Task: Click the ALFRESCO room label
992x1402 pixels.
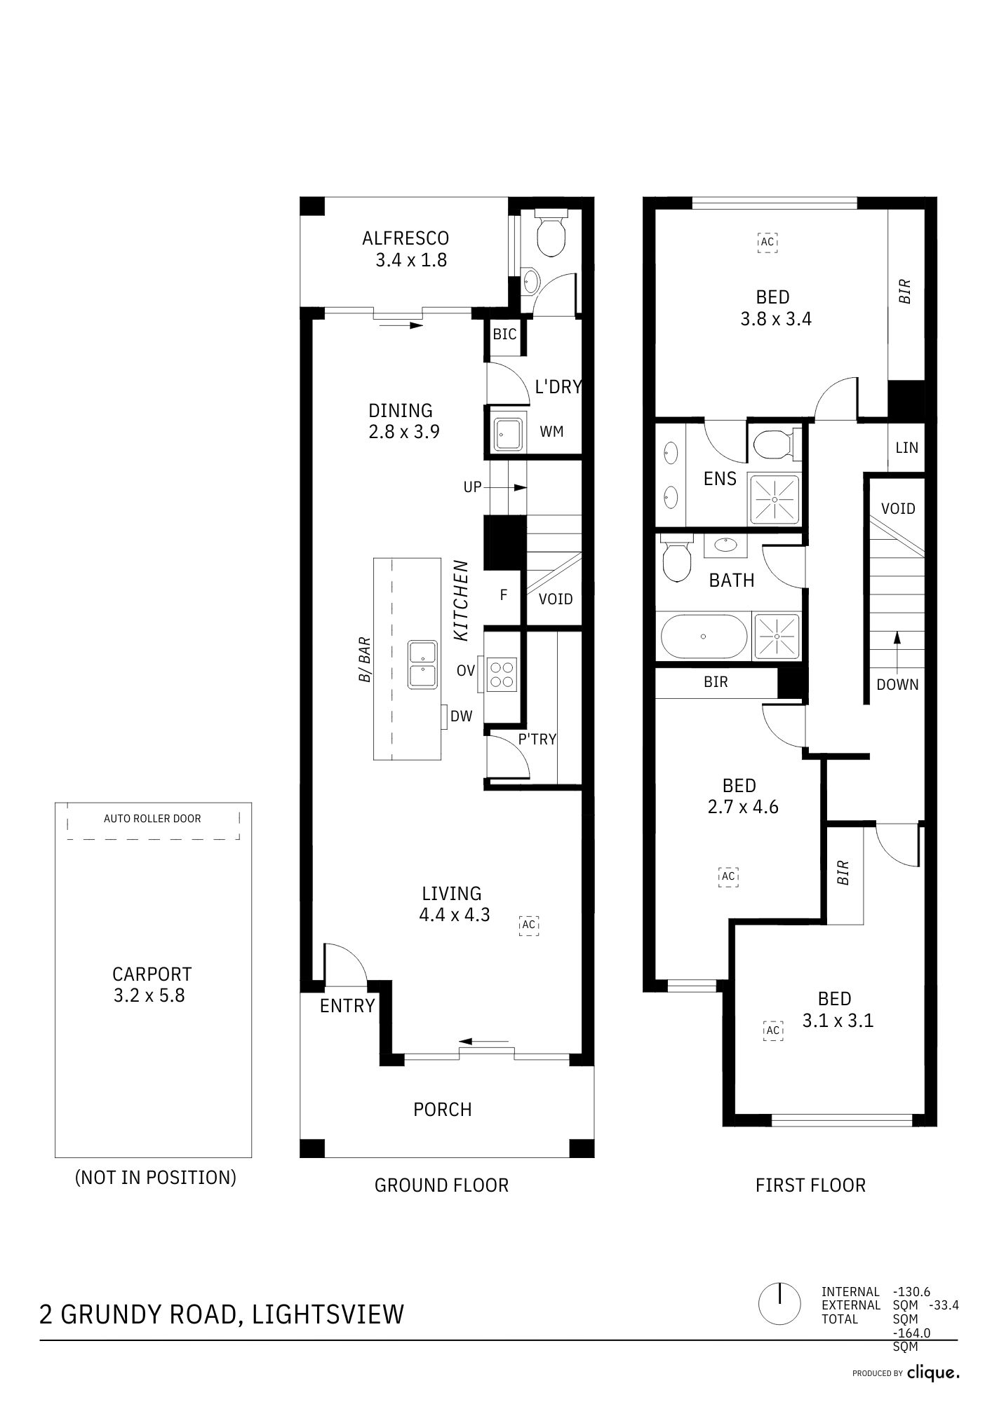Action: coord(405,238)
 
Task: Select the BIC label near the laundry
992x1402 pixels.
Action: coord(504,334)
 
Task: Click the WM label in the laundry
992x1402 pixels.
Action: coord(552,432)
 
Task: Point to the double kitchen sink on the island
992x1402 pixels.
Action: coord(423,664)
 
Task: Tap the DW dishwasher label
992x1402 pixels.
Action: coord(462,716)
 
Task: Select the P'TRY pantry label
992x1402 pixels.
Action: coord(537,739)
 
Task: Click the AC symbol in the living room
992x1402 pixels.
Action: coord(529,925)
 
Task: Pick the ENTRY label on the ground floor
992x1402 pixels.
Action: coord(347,1006)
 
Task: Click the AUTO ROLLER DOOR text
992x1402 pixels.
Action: coord(152,818)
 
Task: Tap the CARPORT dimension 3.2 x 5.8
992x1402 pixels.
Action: coord(149,995)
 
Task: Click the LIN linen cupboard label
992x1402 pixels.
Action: coord(906,447)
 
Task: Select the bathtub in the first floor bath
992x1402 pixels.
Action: coord(704,637)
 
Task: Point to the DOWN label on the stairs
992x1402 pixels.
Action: coord(897,685)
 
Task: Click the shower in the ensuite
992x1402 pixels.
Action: coord(775,499)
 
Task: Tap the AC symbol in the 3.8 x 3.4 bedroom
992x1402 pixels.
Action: coord(768,242)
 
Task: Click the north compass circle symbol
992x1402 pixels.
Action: coord(779,1305)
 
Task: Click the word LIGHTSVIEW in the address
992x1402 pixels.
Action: coord(328,1314)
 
